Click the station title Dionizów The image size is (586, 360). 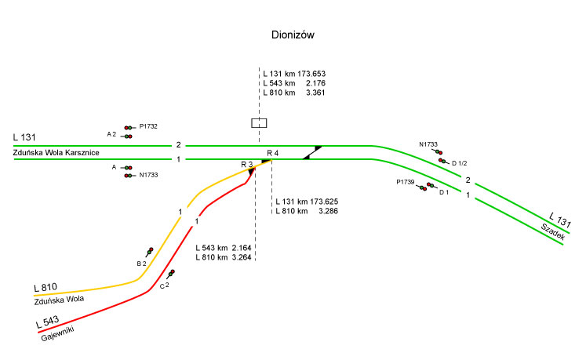[x=293, y=35]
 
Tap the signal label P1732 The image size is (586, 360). [x=148, y=126]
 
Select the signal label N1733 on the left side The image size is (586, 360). [x=148, y=175]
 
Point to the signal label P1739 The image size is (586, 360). [x=405, y=182]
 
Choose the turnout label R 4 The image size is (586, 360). [x=272, y=151]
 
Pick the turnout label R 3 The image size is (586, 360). [x=246, y=163]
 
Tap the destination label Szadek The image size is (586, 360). [x=552, y=230]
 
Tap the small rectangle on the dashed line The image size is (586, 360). [x=259, y=122]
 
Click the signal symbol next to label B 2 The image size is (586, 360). [x=148, y=251]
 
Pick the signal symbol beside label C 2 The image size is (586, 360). [x=171, y=273]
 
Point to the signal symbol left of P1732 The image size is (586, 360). [x=128, y=127]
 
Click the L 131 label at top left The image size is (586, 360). [x=24, y=138]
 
